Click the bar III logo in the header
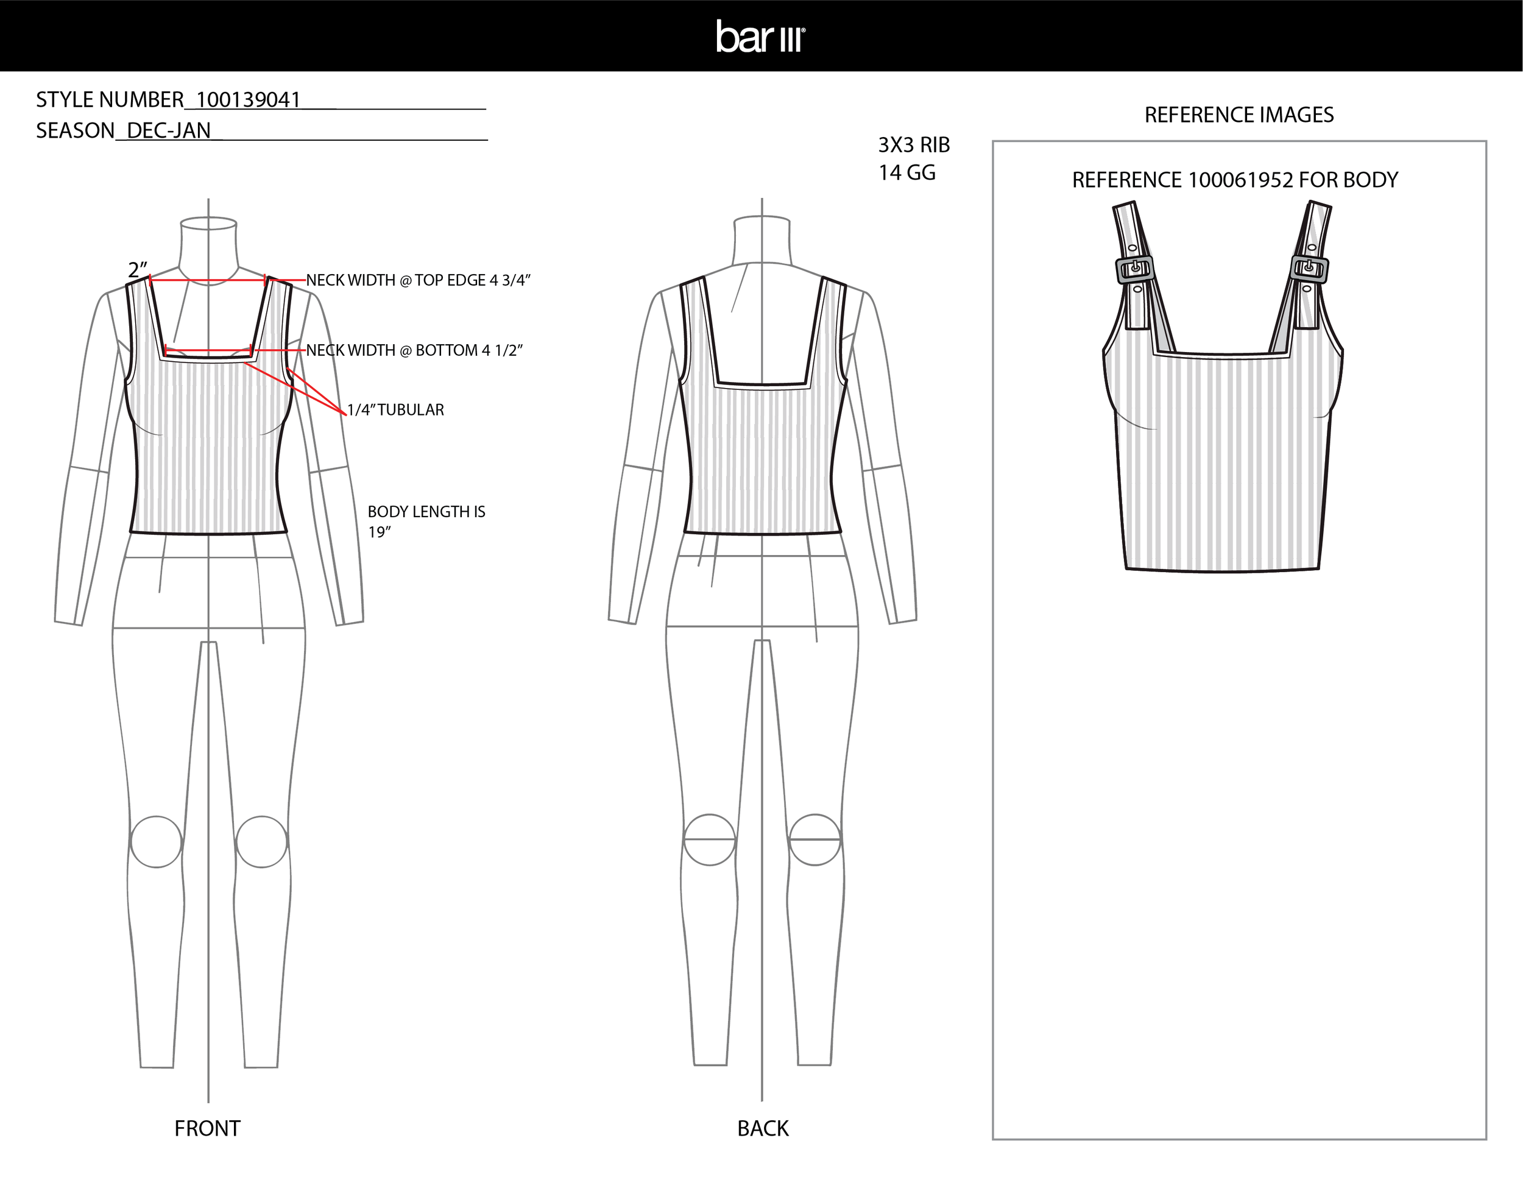[761, 37]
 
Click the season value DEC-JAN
[169, 131]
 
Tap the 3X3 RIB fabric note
[914, 145]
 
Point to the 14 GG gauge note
[906, 173]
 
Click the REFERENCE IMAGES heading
[1239, 115]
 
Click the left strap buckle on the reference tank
[1134, 269]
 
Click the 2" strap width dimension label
[138, 270]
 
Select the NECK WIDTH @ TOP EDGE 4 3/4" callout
[419, 280]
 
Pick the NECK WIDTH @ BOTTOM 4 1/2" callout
[414, 350]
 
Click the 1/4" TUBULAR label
[395, 410]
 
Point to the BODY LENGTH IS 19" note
[426, 521]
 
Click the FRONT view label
[207, 1128]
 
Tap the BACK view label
[763, 1128]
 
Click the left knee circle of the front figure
[156, 841]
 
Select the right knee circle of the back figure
[815, 839]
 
